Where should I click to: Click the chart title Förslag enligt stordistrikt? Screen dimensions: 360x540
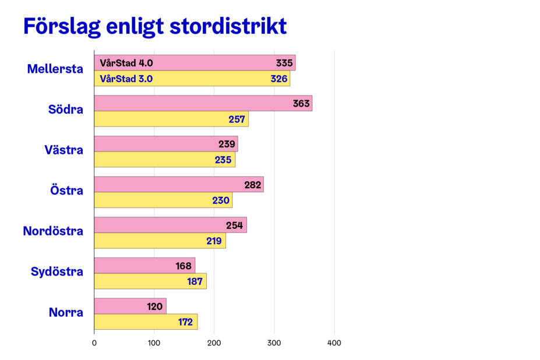154,27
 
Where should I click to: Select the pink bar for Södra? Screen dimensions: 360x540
203,104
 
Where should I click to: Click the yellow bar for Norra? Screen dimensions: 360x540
146,322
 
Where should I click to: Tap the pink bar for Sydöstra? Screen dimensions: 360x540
144,266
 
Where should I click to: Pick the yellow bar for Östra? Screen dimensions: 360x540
163,200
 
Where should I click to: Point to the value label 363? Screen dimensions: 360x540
301,104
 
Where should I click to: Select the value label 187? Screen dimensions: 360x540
195,281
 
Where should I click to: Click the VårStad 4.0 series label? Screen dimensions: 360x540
126,63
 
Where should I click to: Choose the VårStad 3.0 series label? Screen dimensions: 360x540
126,79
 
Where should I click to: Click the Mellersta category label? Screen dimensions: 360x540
55,69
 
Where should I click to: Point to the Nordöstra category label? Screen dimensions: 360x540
53,231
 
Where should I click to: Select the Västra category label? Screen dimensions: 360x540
64,150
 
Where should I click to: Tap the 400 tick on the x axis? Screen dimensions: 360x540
334,343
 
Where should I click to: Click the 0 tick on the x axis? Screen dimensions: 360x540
94,343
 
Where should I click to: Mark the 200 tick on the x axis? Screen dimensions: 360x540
214,343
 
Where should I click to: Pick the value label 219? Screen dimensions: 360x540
214,241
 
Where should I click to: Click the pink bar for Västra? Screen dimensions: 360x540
166,144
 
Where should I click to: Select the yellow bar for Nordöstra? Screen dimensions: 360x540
160,241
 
